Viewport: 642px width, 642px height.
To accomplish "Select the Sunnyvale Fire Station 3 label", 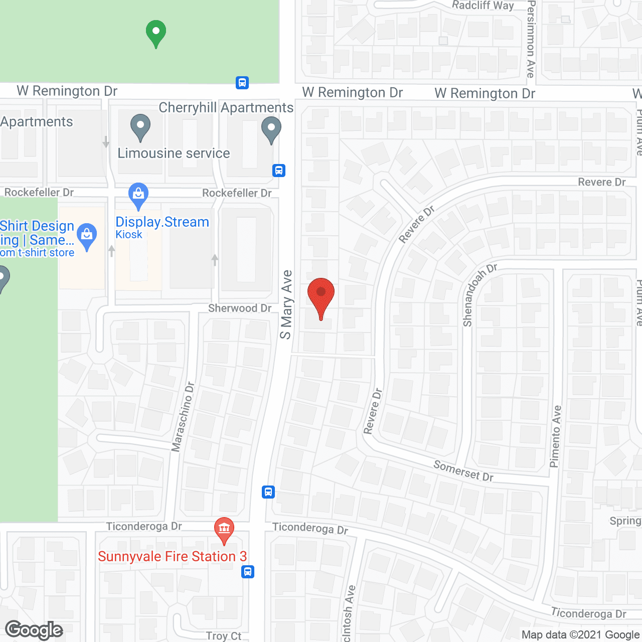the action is point(172,557).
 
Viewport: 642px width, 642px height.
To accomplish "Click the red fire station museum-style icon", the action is point(224,529).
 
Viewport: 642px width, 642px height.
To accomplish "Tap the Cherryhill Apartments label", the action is point(226,108).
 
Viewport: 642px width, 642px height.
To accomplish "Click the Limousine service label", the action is point(174,153).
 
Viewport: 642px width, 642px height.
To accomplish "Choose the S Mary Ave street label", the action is point(286,304).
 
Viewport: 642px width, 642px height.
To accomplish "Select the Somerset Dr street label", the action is point(463,471).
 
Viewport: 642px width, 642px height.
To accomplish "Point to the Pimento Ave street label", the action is point(556,436).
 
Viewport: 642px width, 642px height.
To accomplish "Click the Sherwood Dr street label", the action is point(240,308).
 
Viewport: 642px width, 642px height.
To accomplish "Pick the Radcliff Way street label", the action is point(483,6).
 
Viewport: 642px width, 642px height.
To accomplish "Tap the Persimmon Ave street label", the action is point(531,39).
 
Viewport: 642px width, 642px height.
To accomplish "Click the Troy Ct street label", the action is point(224,636).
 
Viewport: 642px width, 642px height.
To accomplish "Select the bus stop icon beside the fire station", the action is point(248,572).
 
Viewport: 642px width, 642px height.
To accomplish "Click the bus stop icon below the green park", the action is point(242,83).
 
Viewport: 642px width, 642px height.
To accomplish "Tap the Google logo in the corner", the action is point(34,630).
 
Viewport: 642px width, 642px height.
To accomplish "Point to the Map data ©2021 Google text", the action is point(580,635).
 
